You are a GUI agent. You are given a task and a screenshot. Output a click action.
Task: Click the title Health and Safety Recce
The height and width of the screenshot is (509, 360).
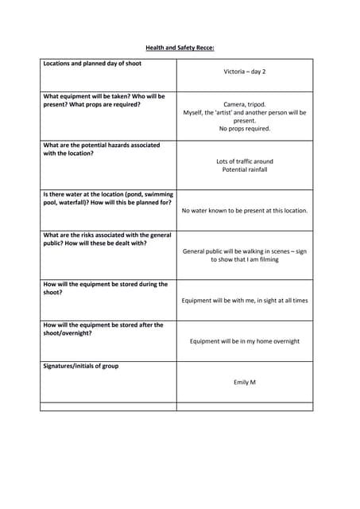point(180,48)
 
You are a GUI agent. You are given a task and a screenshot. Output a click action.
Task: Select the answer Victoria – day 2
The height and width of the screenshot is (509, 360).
point(244,72)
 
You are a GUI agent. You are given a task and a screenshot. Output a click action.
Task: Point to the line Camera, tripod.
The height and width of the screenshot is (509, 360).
point(244,104)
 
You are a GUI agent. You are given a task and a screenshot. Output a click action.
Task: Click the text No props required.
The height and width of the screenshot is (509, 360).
point(244,129)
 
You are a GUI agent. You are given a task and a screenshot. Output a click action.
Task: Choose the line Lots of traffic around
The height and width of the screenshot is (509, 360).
point(244,161)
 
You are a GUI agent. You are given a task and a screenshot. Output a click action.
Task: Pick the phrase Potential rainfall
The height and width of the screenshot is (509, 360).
point(244,169)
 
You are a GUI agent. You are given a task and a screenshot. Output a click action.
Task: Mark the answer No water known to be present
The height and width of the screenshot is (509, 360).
point(244,211)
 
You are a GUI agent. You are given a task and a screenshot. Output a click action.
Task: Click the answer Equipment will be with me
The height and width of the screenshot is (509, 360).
point(244,301)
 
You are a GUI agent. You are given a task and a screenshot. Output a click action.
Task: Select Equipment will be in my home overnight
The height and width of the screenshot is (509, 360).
point(244,341)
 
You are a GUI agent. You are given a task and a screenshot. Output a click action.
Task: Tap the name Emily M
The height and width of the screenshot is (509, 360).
point(244,383)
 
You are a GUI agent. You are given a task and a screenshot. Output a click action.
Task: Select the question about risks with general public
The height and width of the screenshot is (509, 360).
point(106,239)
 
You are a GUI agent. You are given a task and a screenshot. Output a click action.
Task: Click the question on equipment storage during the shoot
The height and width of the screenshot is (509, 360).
point(105,288)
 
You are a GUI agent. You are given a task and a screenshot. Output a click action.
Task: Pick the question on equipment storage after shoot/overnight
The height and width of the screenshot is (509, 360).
point(103,329)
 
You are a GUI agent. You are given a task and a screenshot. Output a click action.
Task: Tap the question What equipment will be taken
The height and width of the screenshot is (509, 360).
point(103,100)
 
